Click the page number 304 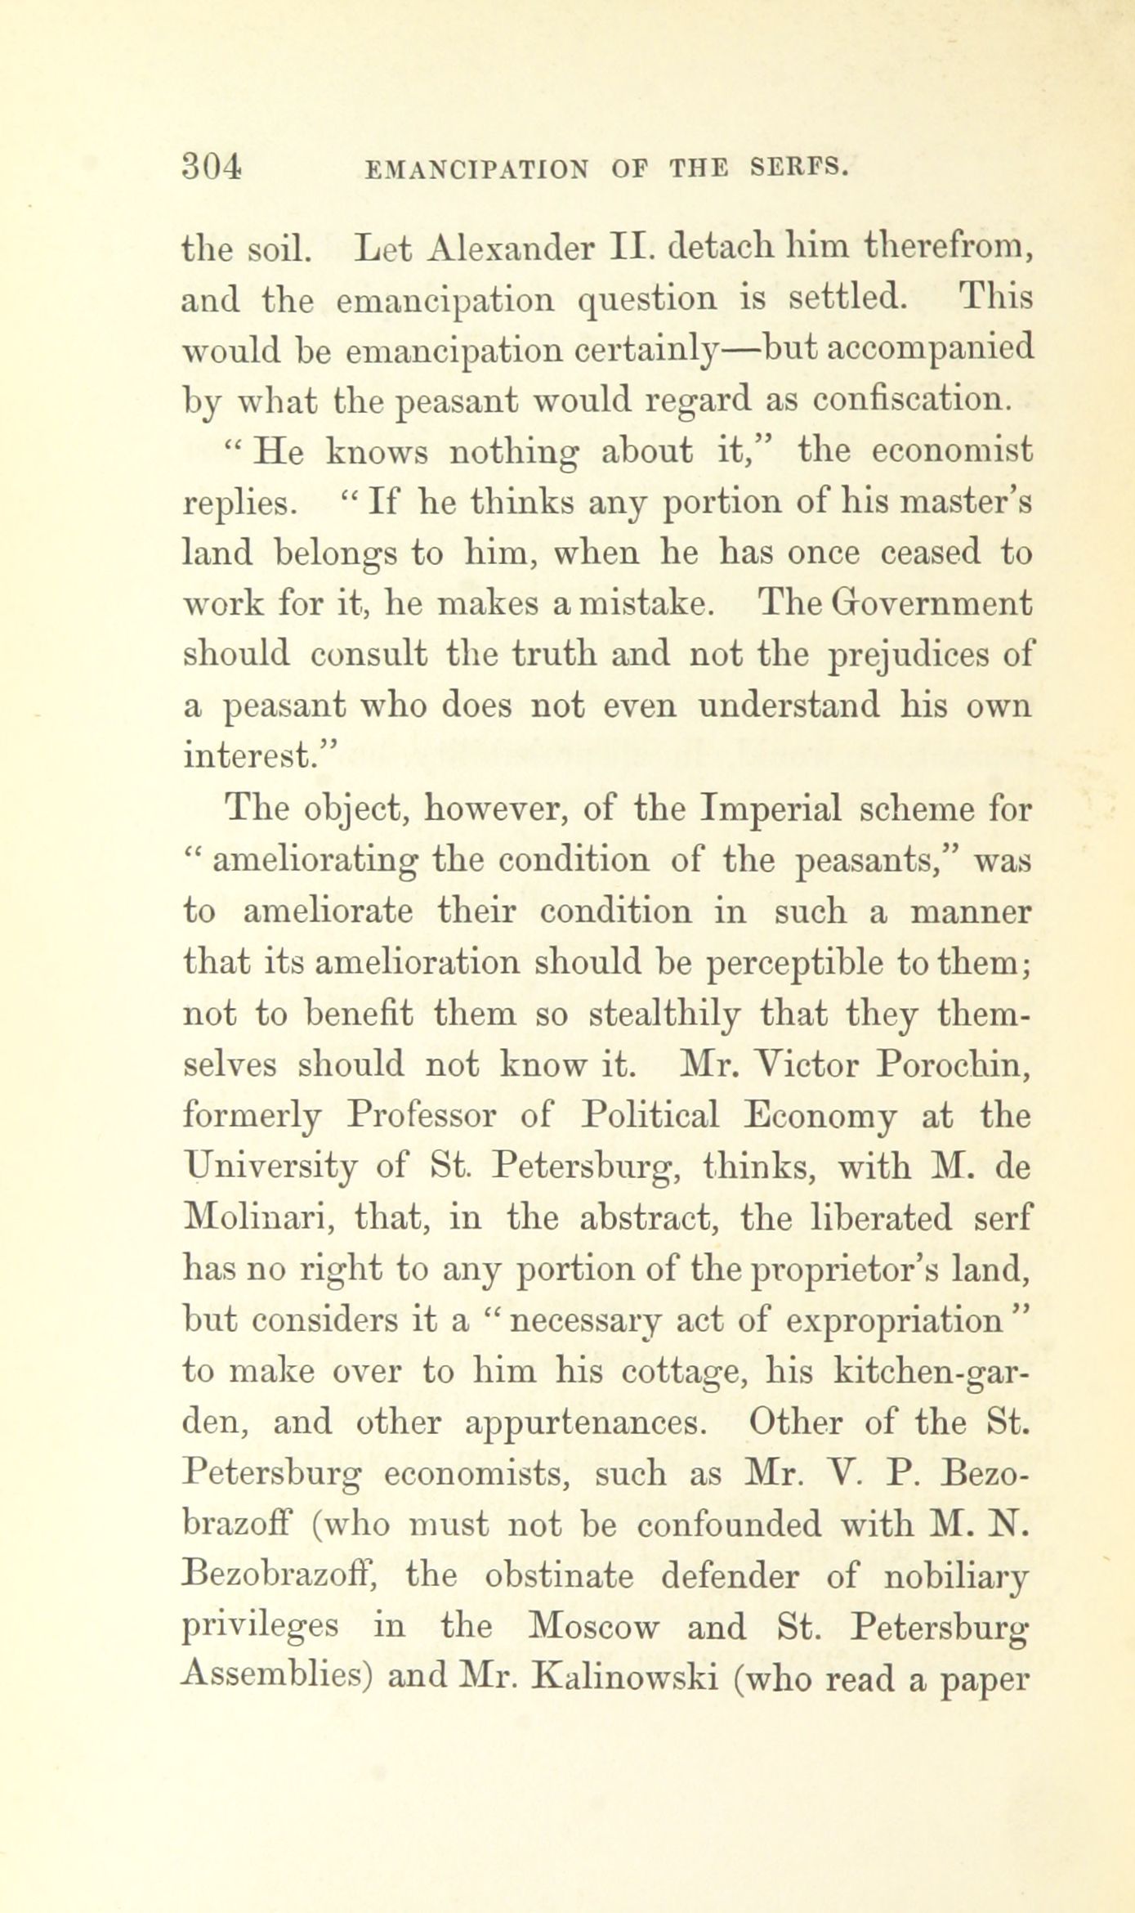click(x=212, y=167)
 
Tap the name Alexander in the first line click(x=498, y=249)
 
